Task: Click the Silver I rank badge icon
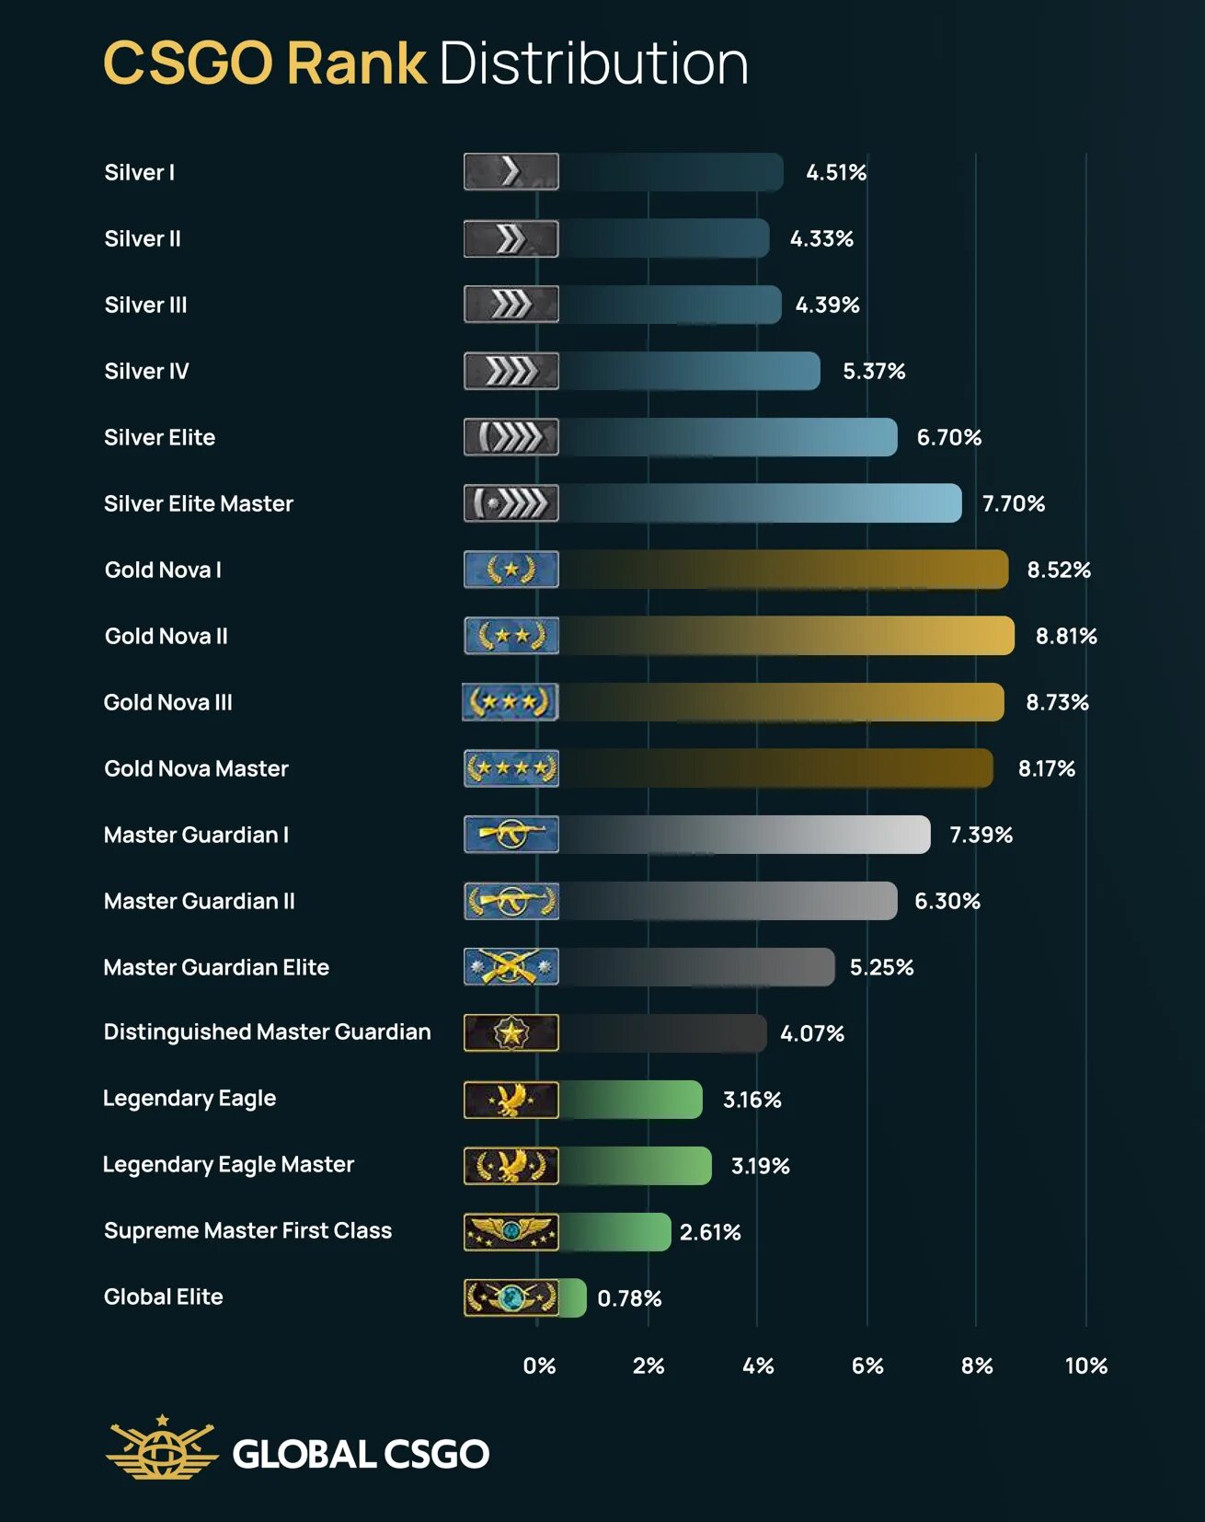(x=511, y=172)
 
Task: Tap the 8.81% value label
(x=1066, y=636)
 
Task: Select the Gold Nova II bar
(x=786, y=636)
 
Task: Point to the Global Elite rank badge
(x=511, y=1297)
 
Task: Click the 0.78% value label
(x=629, y=1298)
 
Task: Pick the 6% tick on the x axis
(x=866, y=1366)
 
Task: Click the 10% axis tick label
(x=1085, y=1366)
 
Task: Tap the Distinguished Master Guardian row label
(x=267, y=1032)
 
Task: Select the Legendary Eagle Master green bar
(x=636, y=1166)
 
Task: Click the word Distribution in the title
(x=593, y=63)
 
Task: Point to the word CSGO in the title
(x=188, y=63)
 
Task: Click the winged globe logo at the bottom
(x=162, y=1448)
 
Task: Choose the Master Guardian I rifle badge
(x=511, y=835)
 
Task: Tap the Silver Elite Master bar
(x=760, y=503)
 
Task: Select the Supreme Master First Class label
(x=247, y=1231)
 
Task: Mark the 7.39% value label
(x=981, y=835)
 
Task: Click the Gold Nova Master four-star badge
(x=511, y=768)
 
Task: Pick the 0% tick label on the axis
(x=539, y=1366)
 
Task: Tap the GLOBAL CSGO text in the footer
(x=361, y=1454)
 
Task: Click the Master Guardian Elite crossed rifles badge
(x=511, y=967)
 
